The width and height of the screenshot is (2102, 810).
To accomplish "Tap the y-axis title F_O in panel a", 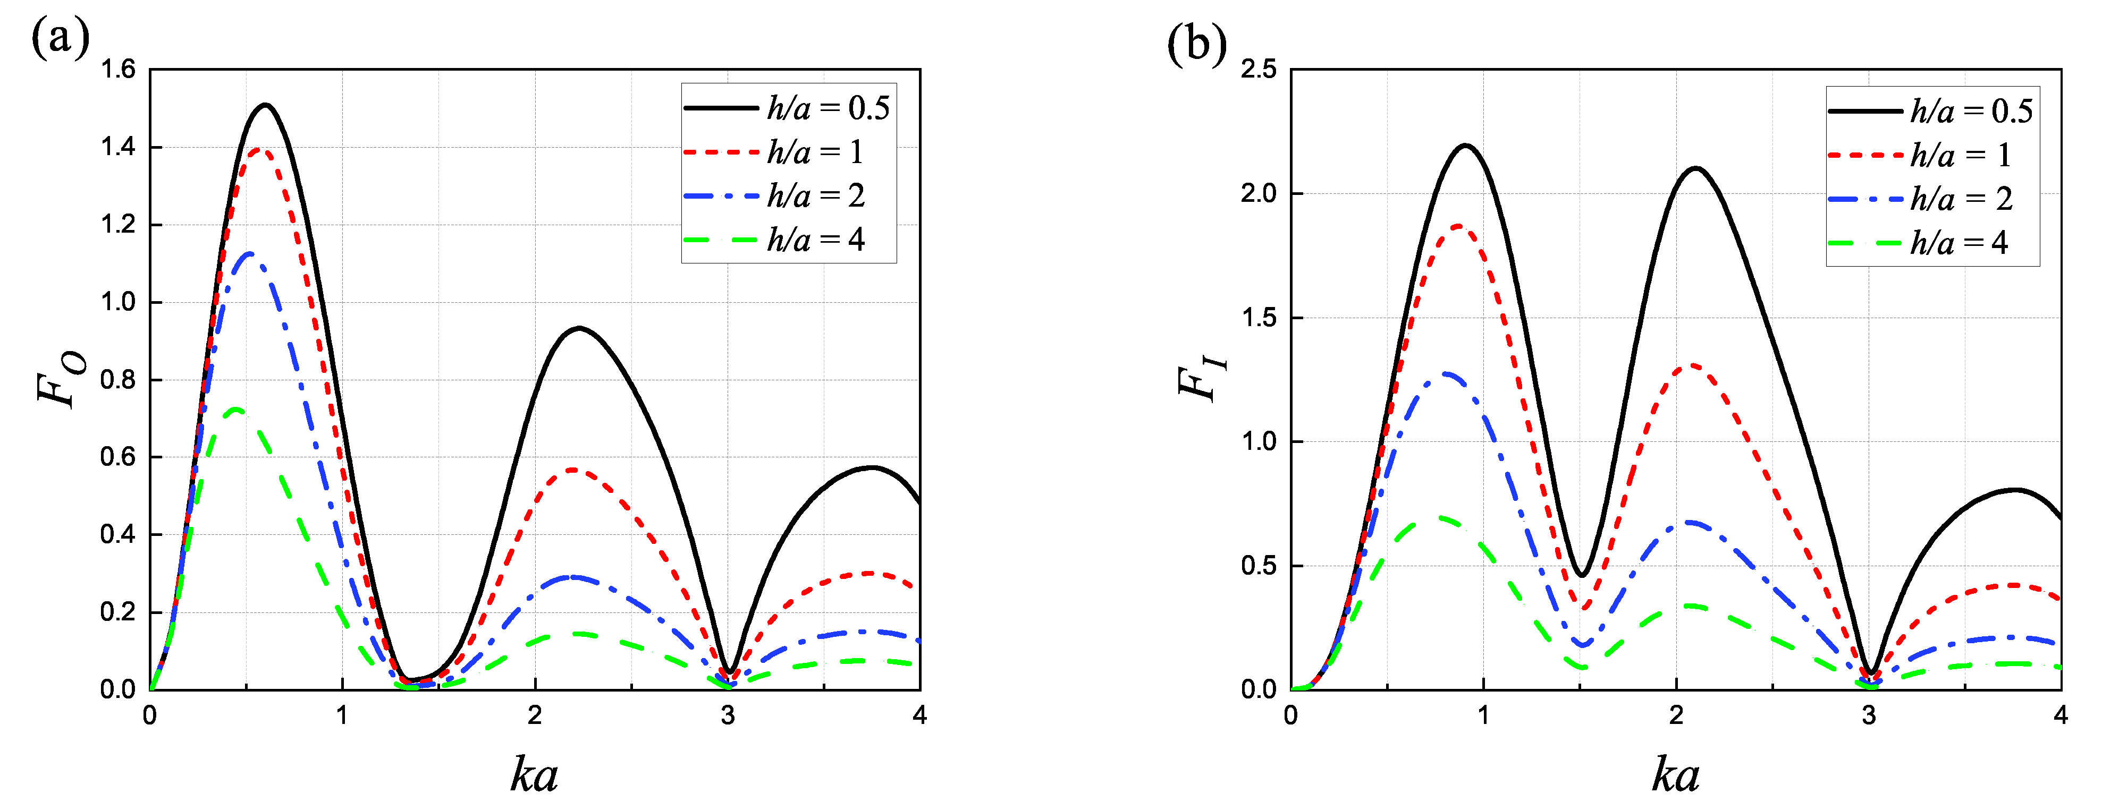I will point(61,379).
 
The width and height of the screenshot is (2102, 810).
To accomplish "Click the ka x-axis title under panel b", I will point(1675,774).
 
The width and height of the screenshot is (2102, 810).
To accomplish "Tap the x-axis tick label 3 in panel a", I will point(727,715).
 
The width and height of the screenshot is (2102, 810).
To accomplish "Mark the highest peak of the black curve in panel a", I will point(265,105).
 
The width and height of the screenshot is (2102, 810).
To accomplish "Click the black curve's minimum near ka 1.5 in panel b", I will point(1581,576).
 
